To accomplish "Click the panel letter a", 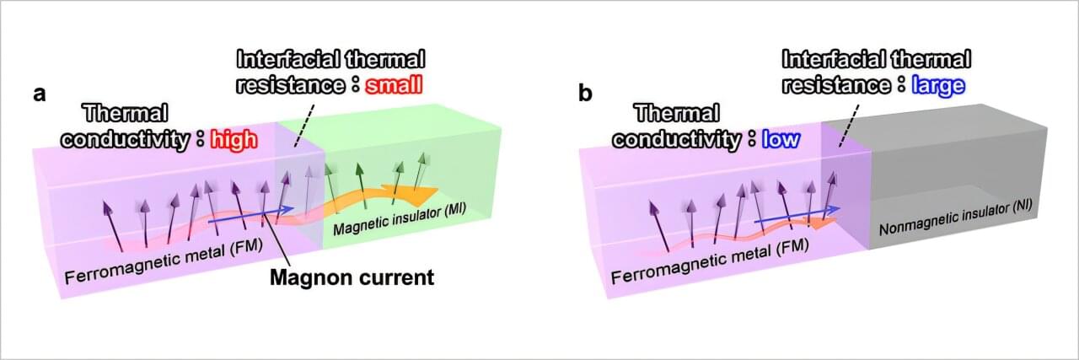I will click(x=39, y=94).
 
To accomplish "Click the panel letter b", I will click(x=585, y=93).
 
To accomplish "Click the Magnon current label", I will click(x=352, y=276).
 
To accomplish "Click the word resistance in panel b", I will click(x=835, y=85).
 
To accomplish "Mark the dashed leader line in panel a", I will click(x=303, y=118).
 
